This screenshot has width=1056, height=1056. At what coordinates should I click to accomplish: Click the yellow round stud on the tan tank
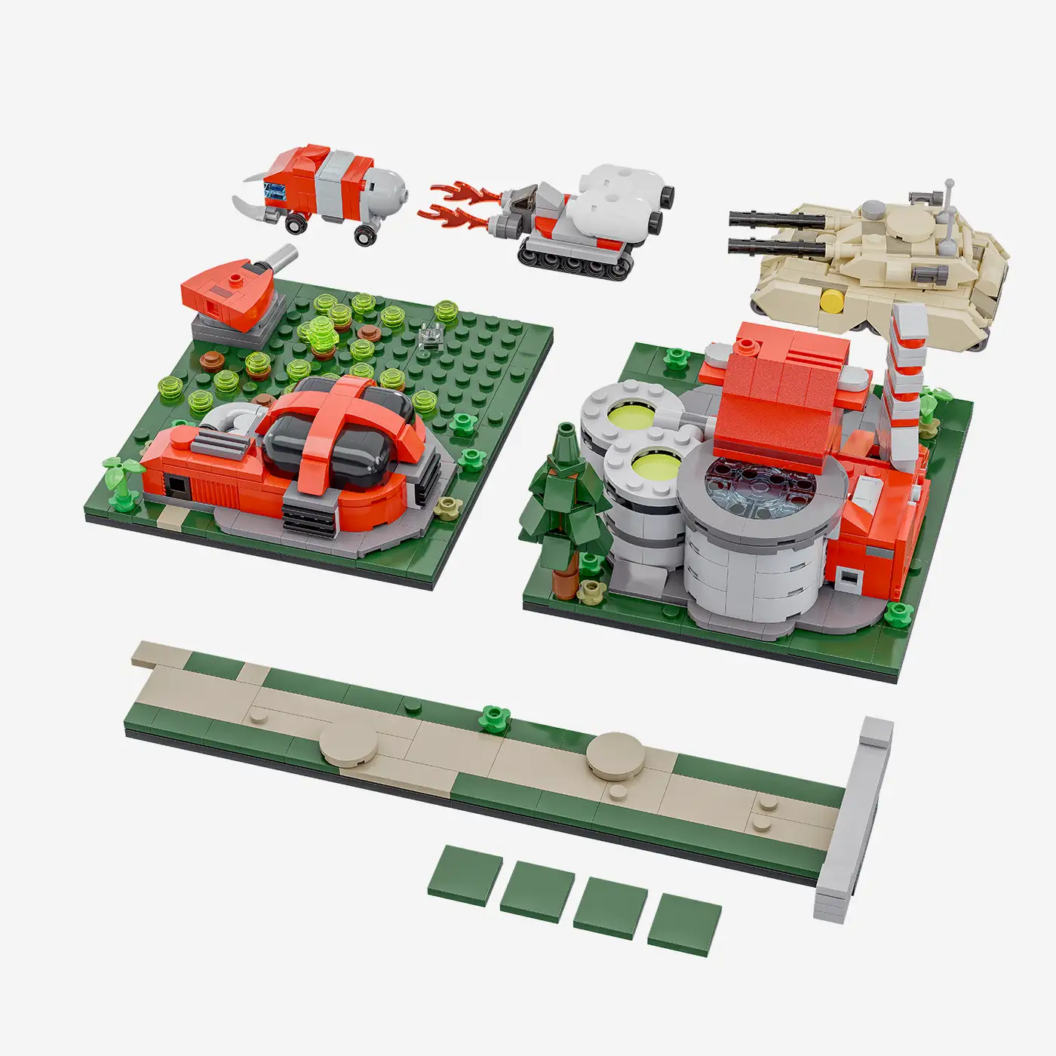point(832,299)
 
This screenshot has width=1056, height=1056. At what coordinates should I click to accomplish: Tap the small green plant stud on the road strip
point(493,717)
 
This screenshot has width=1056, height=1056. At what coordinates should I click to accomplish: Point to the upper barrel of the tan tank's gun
point(777,218)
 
